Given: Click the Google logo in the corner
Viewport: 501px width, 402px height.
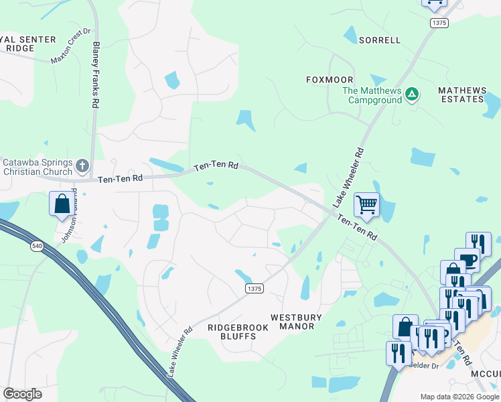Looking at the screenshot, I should (x=22, y=394).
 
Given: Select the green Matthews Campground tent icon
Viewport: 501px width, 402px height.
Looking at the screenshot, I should (x=413, y=95).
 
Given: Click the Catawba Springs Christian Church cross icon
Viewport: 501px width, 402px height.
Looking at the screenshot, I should (x=82, y=165).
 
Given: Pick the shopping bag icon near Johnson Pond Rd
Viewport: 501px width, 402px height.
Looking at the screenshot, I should (x=62, y=203).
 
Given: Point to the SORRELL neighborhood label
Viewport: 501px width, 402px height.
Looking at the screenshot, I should (x=380, y=40).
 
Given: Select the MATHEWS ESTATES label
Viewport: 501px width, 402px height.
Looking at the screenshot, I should (x=461, y=94).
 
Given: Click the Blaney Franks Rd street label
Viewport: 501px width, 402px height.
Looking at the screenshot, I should (x=96, y=75).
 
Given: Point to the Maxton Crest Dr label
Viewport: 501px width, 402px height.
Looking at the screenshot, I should (x=71, y=46).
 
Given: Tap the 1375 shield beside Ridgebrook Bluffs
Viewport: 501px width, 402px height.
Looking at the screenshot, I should (x=254, y=288).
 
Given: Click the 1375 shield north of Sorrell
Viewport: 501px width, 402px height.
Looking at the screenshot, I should (x=439, y=23).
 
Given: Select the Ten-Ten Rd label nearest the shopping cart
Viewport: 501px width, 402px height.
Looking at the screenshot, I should (x=358, y=228).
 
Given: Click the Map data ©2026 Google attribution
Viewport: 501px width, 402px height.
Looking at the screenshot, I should (x=459, y=397).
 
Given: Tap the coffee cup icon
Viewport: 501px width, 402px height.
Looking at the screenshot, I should (x=466, y=260).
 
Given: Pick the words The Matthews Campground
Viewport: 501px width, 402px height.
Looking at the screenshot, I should (x=372, y=95).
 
